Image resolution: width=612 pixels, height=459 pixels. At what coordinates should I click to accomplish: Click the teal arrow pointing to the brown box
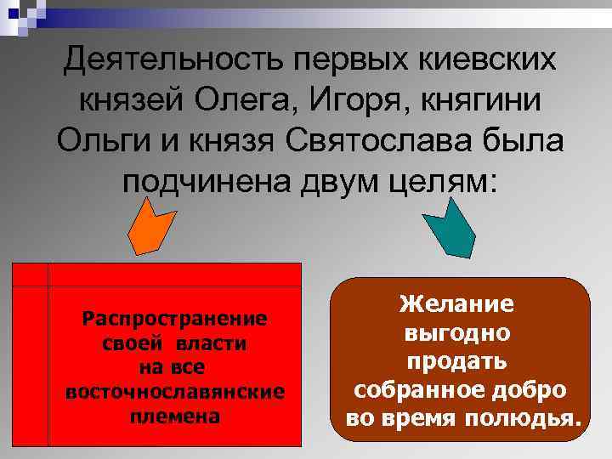tap(456, 228)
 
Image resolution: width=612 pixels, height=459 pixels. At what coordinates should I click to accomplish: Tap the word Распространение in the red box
tap(174, 319)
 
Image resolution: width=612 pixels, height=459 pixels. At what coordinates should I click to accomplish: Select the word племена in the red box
tap(174, 417)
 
